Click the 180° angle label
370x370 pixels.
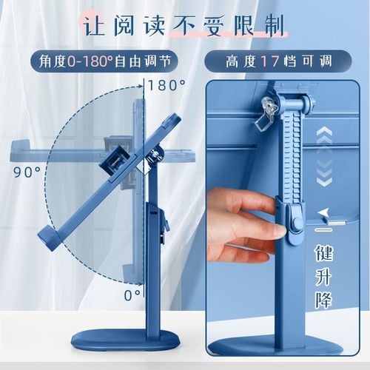(166, 85)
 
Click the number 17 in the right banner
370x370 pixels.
(264, 60)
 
